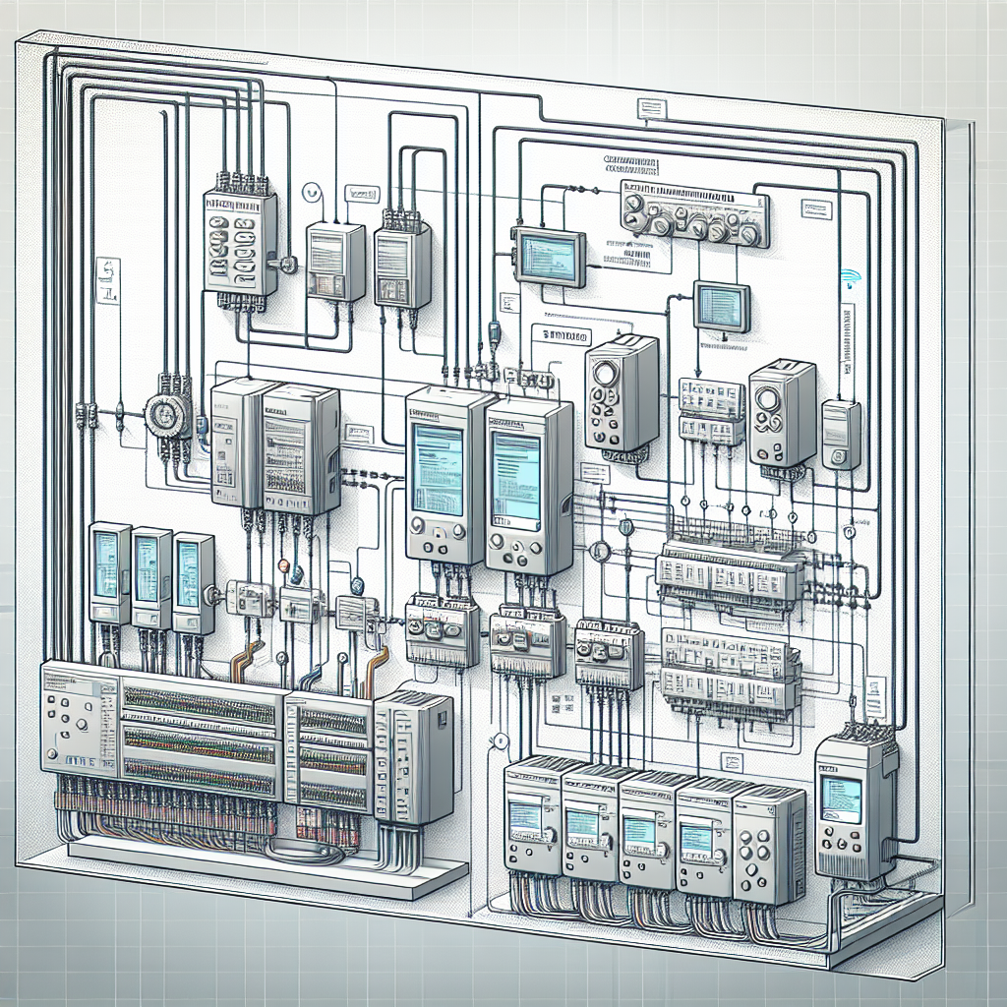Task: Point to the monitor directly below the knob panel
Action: point(721,304)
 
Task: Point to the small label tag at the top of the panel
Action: point(649,107)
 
